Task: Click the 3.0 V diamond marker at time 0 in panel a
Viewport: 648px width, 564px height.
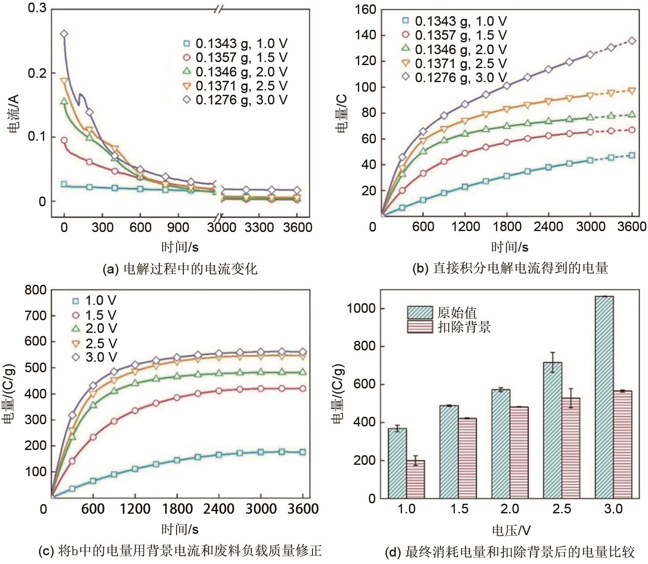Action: coord(64,34)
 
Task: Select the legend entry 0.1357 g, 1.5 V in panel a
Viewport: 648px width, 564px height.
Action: coord(241,58)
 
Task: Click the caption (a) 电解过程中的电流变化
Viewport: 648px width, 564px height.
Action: coord(180,268)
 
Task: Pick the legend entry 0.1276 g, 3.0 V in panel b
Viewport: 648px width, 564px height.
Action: coord(460,78)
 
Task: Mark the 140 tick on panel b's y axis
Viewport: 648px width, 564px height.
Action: coord(366,35)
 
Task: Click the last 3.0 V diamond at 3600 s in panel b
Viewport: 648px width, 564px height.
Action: coord(632,41)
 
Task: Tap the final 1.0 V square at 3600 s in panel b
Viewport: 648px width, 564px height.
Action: coord(632,156)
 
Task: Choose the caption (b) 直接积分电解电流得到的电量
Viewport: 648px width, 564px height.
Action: coord(510,268)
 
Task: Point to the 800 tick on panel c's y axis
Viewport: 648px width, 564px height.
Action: coord(35,290)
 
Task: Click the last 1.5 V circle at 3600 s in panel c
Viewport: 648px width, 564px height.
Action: coord(302,388)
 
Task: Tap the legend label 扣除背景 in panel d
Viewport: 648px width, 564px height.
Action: coord(464,327)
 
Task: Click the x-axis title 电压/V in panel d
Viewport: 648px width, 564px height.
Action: coord(511,530)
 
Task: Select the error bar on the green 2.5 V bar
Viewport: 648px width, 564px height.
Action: coord(553,362)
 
